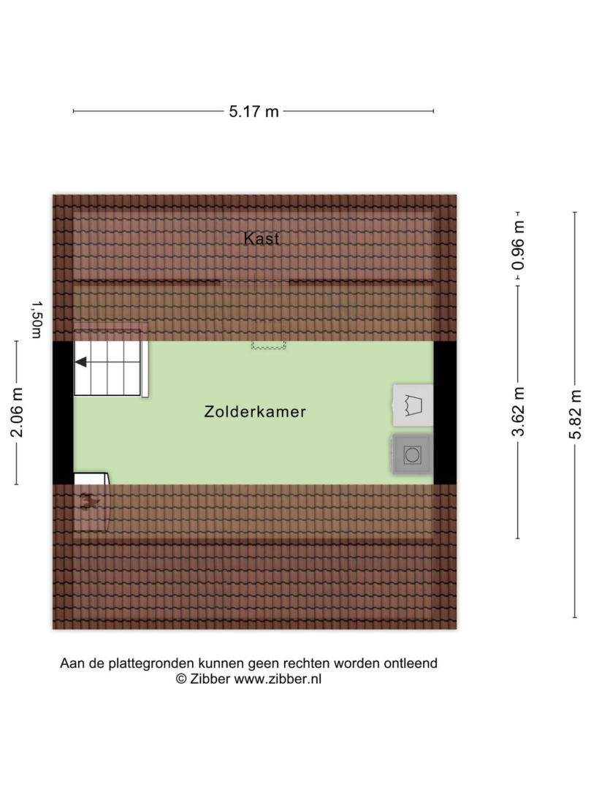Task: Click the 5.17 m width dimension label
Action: click(253, 111)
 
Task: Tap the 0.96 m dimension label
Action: click(518, 245)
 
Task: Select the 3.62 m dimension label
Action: click(518, 411)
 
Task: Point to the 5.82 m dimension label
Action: click(575, 414)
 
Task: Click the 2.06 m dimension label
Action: click(17, 413)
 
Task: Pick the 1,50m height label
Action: click(37, 320)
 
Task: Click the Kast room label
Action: click(261, 238)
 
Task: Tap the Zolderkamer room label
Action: click(255, 411)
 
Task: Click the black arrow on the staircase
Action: click(80, 362)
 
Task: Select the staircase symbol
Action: click(110, 362)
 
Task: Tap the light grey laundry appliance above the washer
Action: click(413, 405)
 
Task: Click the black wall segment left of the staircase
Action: click(64, 413)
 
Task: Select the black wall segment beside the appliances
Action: click(445, 413)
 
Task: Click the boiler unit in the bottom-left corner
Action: click(91, 502)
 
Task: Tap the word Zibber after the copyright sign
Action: click(210, 679)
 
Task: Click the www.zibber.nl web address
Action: click(278, 679)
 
